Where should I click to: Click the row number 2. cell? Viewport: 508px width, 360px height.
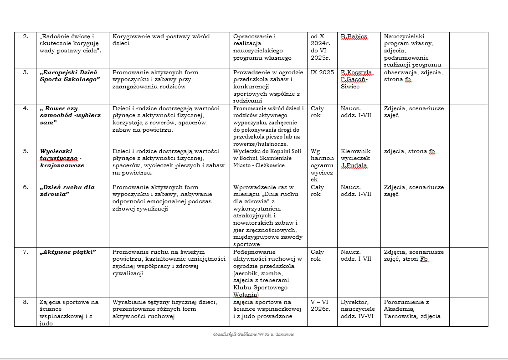coord(25,36)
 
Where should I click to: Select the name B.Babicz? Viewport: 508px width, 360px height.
coord(354,36)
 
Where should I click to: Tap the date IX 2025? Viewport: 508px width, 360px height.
coord(321,72)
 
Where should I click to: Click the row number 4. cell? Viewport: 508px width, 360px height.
coord(25,108)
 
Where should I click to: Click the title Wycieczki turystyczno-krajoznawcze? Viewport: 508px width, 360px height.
coord(62,158)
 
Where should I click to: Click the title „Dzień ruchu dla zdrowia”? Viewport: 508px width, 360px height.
coord(67,190)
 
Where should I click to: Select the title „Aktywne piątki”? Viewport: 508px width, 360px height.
coord(68,252)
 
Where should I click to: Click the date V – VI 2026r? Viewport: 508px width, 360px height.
coord(321,305)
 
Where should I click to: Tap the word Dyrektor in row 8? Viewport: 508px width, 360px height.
coord(354,302)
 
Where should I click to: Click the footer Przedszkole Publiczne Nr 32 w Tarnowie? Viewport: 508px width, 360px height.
coord(253,334)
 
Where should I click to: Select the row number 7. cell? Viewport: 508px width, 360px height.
coord(25,252)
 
